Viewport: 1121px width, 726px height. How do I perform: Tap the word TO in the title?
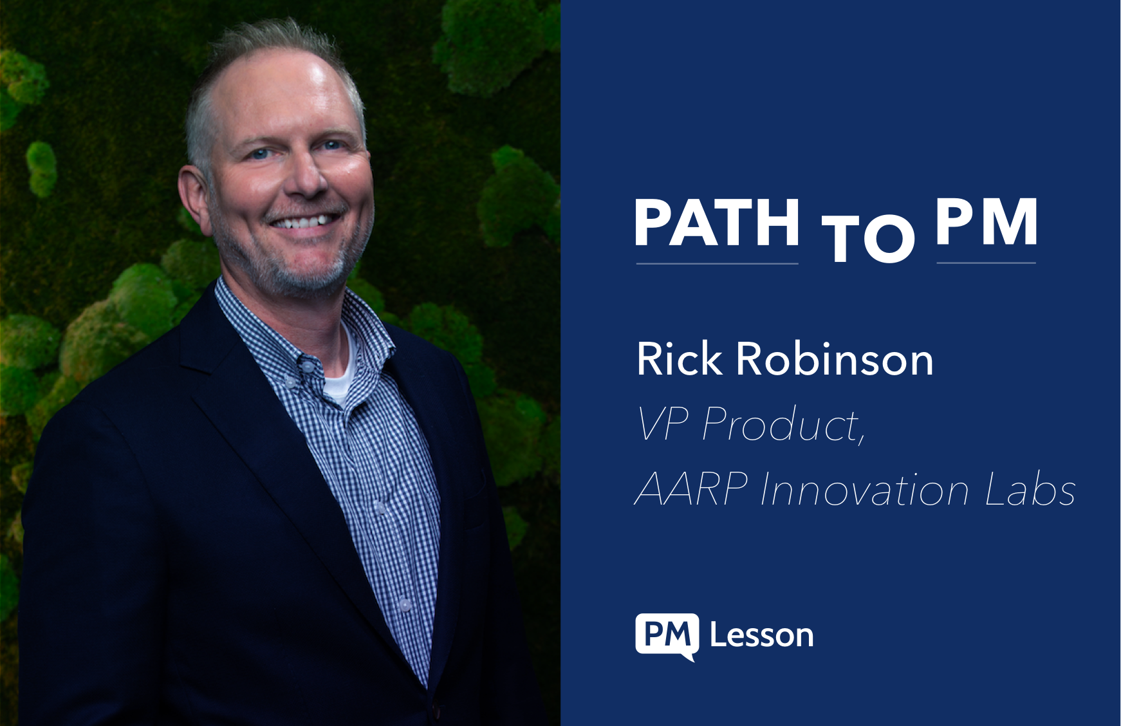tap(868, 237)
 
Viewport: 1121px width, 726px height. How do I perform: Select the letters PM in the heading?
tap(987, 221)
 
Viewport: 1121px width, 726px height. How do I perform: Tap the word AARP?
tap(692, 489)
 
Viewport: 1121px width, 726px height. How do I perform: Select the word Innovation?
tap(865, 489)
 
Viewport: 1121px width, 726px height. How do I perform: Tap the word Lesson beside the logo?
tap(762, 635)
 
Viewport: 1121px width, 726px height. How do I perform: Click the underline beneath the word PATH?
tap(717, 263)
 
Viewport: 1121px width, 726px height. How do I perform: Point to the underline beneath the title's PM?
tap(987, 263)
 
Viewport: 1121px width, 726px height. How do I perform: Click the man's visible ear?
tap(194, 200)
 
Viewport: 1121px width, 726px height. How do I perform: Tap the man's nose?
tap(308, 175)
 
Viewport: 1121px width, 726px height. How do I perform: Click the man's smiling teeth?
tap(305, 222)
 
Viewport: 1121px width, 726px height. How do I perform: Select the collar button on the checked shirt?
tap(308, 366)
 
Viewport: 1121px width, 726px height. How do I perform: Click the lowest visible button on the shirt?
tap(404, 604)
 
